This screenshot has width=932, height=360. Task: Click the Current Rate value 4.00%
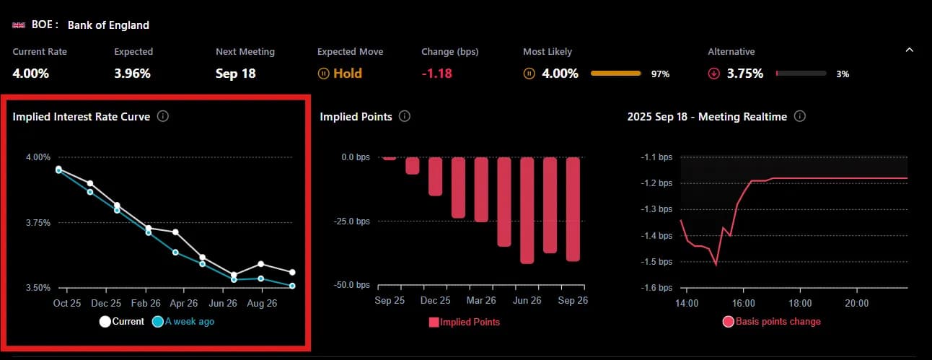(x=30, y=73)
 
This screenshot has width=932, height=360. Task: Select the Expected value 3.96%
(x=132, y=73)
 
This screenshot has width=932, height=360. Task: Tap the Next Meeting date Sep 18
(x=237, y=73)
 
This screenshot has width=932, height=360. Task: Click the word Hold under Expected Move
(x=348, y=73)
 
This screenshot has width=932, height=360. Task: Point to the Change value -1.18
(x=436, y=73)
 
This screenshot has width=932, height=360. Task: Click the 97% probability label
(x=661, y=74)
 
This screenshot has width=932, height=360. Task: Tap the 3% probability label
(x=843, y=74)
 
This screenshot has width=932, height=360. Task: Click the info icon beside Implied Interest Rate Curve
(x=163, y=116)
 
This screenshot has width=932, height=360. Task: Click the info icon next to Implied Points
(x=405, y=116)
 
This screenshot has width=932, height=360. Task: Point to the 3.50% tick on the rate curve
(x=38, y=288)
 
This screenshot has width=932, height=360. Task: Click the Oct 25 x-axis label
(x=67, y=304)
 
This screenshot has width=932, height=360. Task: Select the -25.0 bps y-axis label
(x=351, y=221)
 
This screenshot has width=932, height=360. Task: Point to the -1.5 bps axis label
(x=656, y=262)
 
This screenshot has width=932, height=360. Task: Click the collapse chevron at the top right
(x=909, y=51)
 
